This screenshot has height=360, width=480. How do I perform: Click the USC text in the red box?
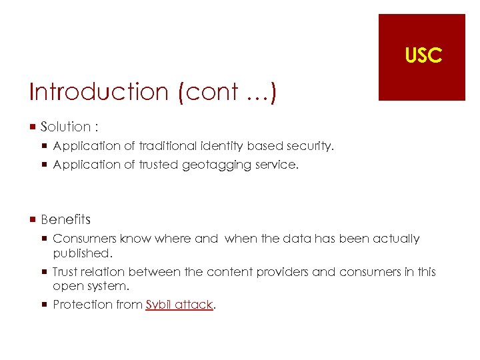[x=423, y=56]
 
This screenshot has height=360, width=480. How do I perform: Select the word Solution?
[x=65, y=127]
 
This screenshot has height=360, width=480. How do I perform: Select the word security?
[x=310, y=145]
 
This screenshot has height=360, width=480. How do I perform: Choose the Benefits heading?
[x=65, y=219]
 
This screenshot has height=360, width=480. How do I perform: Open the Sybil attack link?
[x=179, y=305]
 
